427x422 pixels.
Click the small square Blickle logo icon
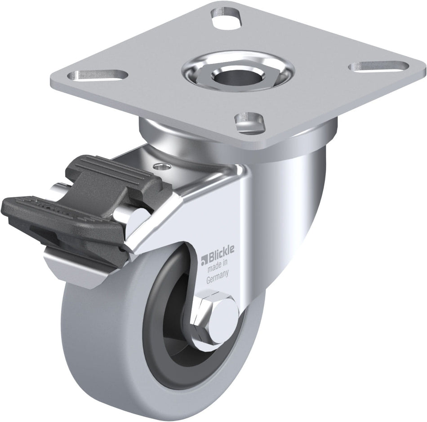point(204,260)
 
